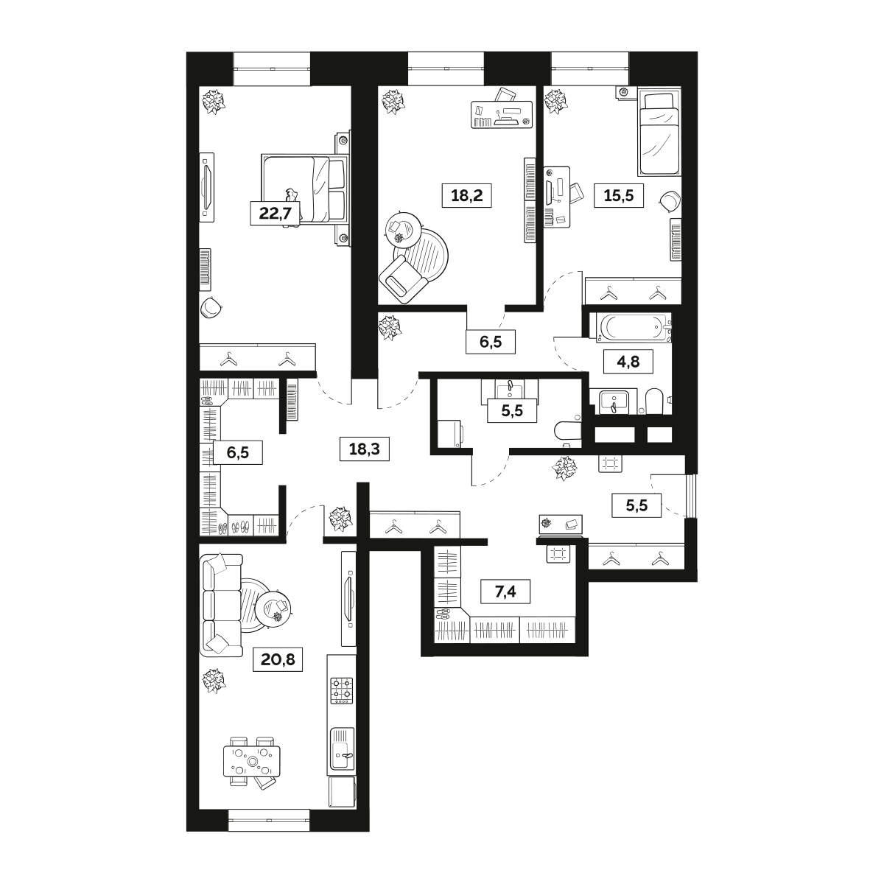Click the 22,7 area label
(275, 214)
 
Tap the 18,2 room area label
(466, 195)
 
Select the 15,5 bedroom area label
(618, 195)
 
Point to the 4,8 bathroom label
(628, 362)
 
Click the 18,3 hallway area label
(364, 448)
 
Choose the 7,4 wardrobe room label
(505, 592)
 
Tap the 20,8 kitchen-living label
(278, 659)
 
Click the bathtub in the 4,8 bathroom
(634, 328)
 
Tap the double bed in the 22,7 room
(305, 189)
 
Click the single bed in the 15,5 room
(658, 133)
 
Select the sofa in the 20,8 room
(222, 605)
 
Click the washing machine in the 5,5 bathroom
(449, 433)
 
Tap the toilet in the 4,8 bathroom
(653, 401)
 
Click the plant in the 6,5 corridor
(390, 327)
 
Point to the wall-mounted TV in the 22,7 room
(207, 187)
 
